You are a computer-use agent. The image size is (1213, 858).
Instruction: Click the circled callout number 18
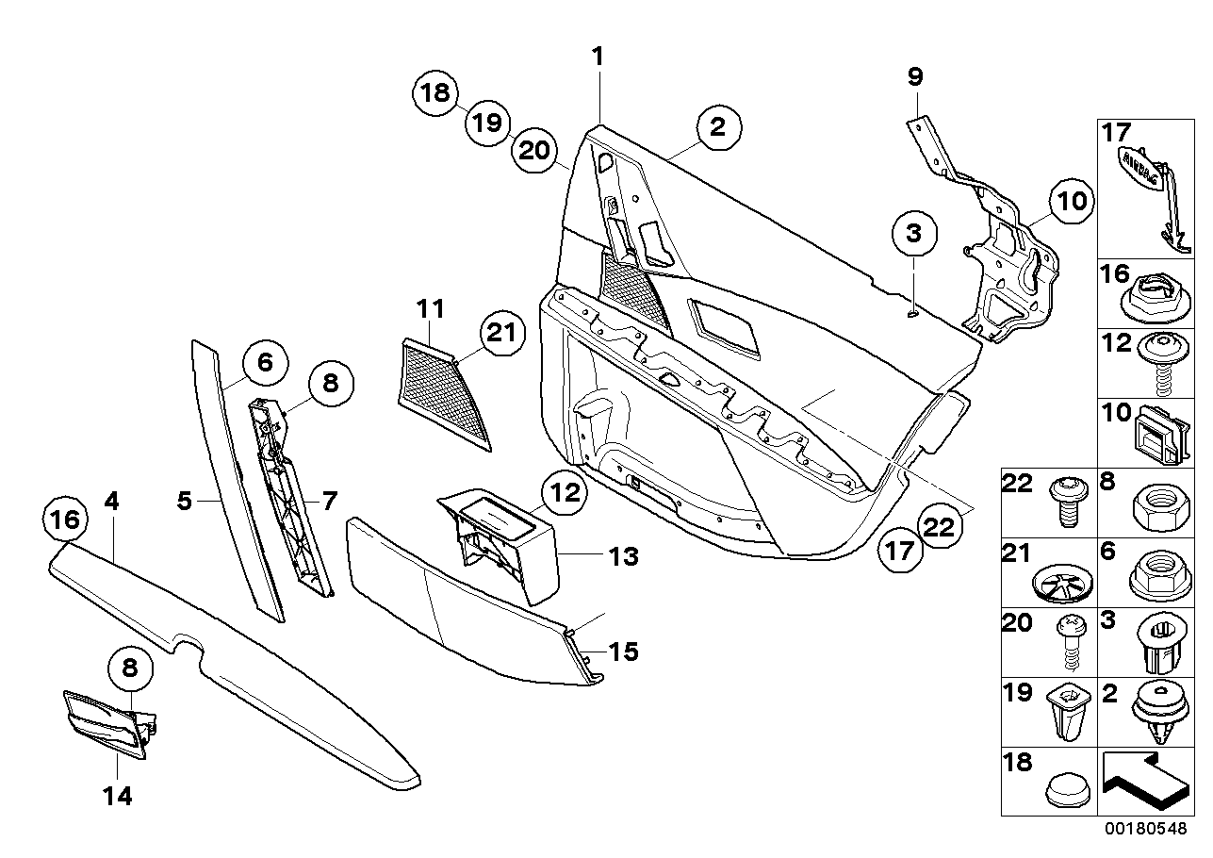[434, 93]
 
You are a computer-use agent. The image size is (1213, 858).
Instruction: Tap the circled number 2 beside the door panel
[718, 128]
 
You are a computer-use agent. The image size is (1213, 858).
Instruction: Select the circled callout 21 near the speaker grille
[502, 333]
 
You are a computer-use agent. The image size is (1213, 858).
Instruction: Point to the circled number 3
[914, 234]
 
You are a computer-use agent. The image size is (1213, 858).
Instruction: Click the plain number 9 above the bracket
[914, 77]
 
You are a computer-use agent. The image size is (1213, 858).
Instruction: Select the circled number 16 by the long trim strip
[65, 520]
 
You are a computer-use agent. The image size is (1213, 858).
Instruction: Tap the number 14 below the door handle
[117, 797]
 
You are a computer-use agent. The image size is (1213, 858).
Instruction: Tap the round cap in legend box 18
[1066, 793]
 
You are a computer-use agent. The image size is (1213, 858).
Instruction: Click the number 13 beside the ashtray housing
[623, 557]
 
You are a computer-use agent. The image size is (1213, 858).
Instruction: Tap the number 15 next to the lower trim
[623, 652]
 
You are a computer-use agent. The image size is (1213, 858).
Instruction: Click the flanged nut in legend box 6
[1160, 576]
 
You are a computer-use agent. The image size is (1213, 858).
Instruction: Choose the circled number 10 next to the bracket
[1071, 202]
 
